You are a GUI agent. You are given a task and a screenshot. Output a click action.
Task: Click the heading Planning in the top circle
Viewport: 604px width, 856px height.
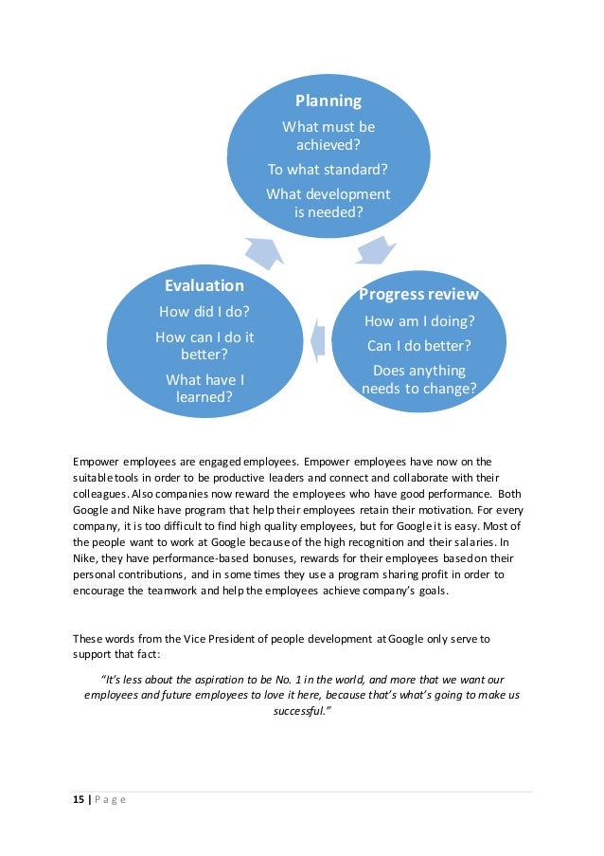point(328,100)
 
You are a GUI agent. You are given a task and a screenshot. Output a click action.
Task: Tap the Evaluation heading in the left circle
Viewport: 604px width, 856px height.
point(204,285)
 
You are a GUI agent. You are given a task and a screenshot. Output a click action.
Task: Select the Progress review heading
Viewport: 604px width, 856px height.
point(418,294)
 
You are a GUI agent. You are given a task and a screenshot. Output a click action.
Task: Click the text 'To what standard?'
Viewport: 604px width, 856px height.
point(328,170)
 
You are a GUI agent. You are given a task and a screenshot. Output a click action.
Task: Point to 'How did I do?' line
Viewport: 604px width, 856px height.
point(204,312)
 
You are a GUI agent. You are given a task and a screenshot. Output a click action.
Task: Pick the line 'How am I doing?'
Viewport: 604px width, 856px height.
point(418,321)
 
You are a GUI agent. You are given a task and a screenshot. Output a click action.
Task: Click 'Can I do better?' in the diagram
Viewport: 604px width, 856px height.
point(418,345)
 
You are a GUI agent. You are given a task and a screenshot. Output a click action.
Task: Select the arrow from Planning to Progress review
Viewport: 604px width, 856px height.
point(377,250)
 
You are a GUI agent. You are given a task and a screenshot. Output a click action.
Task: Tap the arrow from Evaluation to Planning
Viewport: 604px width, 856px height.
point(264,250)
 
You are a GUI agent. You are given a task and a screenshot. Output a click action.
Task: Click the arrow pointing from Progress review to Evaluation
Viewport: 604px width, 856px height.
point(318,336)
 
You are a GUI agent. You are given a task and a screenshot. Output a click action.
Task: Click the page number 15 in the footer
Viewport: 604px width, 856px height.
point(80,799)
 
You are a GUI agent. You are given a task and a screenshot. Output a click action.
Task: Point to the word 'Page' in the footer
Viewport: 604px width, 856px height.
point(109,799)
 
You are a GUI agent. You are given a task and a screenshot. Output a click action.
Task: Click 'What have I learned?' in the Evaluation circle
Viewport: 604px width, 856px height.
point(204,389)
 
